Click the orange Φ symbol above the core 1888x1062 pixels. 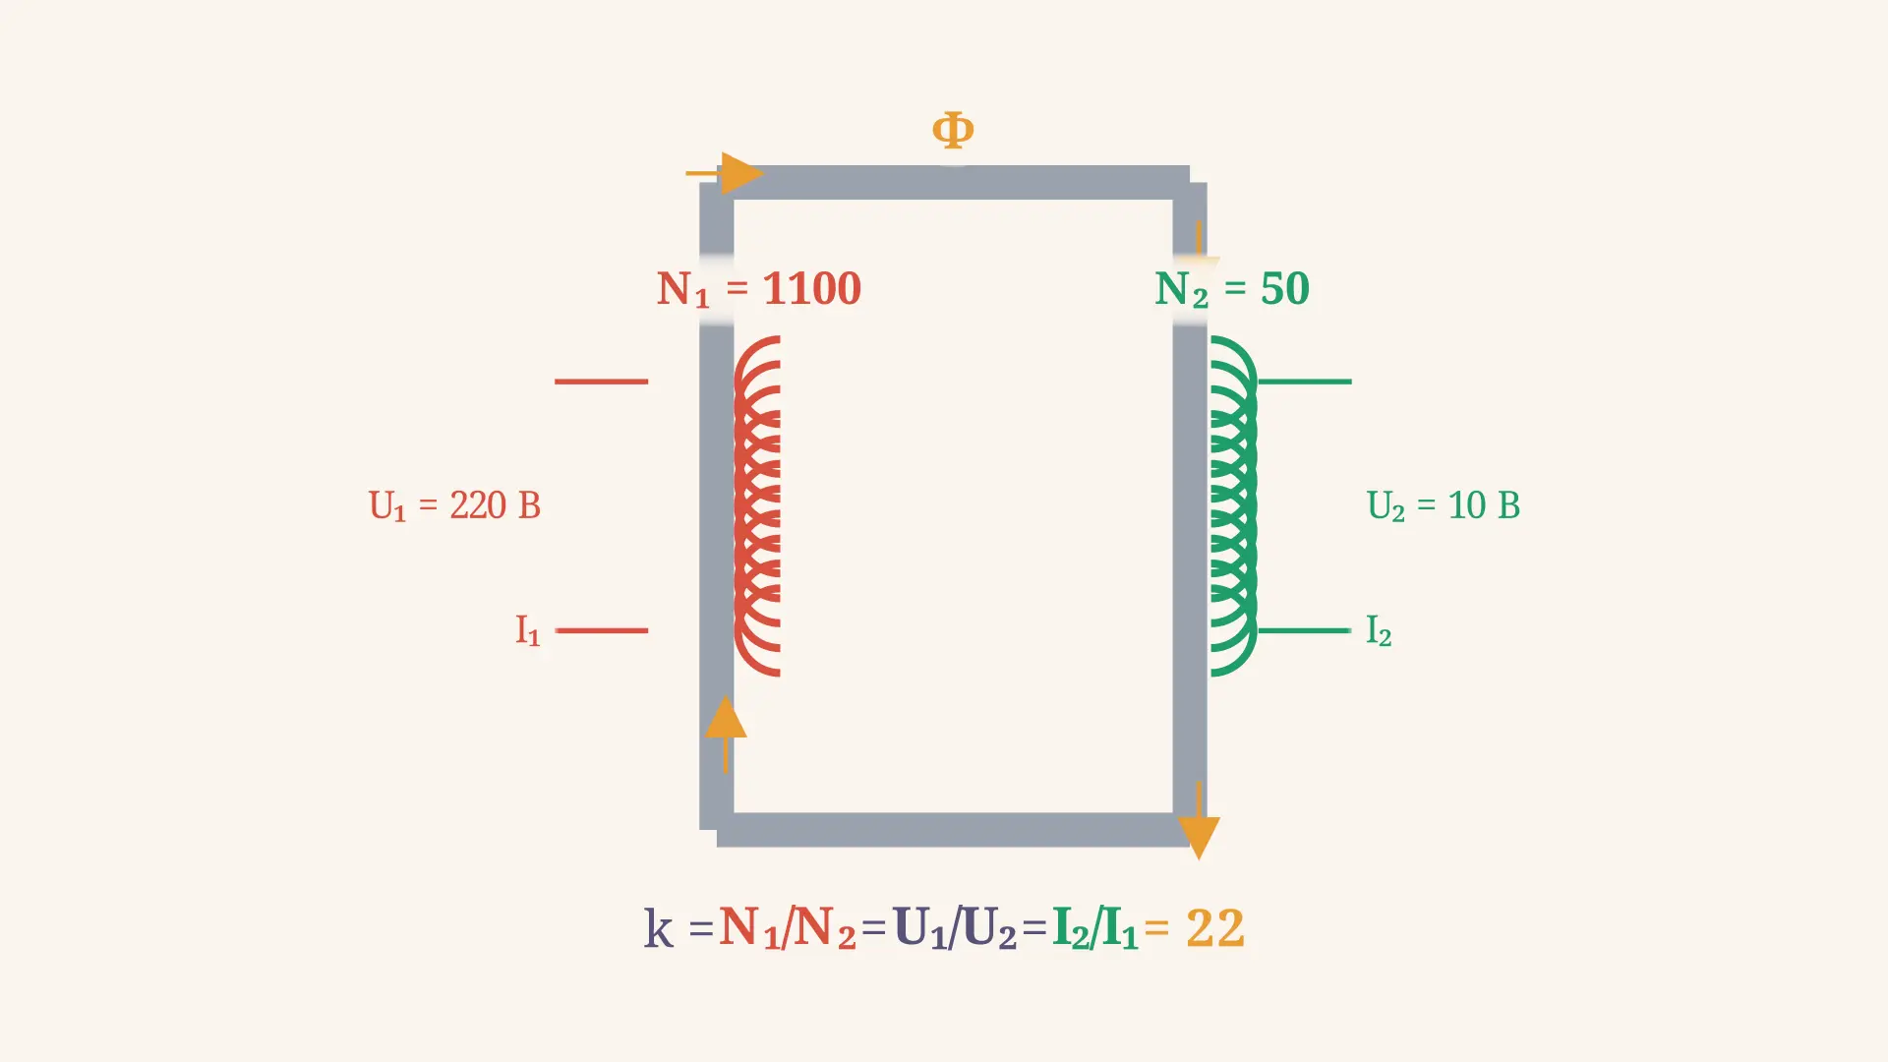[953, 130]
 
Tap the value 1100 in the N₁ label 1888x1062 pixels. [812, 288]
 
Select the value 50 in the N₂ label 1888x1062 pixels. [1285, 288]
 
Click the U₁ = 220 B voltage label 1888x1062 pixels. [454, 505]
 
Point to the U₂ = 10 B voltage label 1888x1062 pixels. [1444, 505]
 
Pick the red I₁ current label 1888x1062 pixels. [528, 630]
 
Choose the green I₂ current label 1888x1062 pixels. [1379, 630]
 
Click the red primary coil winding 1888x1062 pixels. [757, 505]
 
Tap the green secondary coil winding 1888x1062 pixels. [1233, 505]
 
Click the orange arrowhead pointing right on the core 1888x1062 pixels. [741, 173]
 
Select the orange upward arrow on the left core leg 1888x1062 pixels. [726, 734]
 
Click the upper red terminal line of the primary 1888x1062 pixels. [602, 382]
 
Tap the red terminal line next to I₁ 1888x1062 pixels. [602, 630]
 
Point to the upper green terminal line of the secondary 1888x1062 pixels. [1305, 382]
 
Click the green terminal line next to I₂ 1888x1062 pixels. [1305, 630]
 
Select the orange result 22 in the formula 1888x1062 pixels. [1215, 928]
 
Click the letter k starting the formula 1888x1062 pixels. [659, 928]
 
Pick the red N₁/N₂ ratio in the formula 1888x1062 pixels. [787, 928]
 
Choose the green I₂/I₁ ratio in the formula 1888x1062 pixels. [1094, 928]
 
